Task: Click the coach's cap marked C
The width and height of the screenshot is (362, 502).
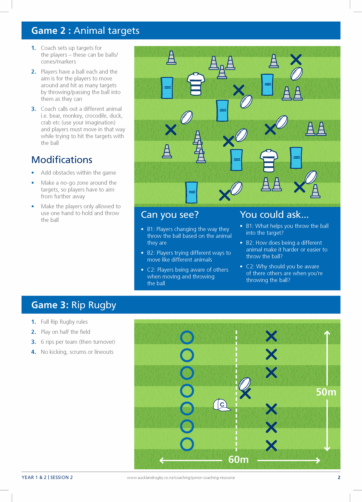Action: [x=221, y=405]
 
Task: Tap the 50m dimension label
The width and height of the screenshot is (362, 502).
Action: [x=326, y=392]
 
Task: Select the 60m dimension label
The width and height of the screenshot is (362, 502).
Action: [x=238, y=460]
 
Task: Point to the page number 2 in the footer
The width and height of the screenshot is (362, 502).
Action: [x=339, y=477]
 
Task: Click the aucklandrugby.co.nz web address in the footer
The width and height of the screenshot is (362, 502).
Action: [x=181, y=478]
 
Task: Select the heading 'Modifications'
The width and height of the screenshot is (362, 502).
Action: [x=62, y=160]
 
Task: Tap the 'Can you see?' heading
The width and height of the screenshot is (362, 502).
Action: [x=170, y=215]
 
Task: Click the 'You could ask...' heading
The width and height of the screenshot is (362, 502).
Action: [x=274, y=215]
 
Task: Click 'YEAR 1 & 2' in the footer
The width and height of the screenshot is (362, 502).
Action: [x=34, y=477]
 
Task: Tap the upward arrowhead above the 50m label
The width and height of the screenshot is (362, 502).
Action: [x=327, y=333]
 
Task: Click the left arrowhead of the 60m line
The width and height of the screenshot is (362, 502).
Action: [x=162, y=460]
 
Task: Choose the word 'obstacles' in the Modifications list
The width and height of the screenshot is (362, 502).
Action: [x=64, y=173]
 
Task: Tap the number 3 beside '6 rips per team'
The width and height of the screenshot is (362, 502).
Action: [x=33, y=342]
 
